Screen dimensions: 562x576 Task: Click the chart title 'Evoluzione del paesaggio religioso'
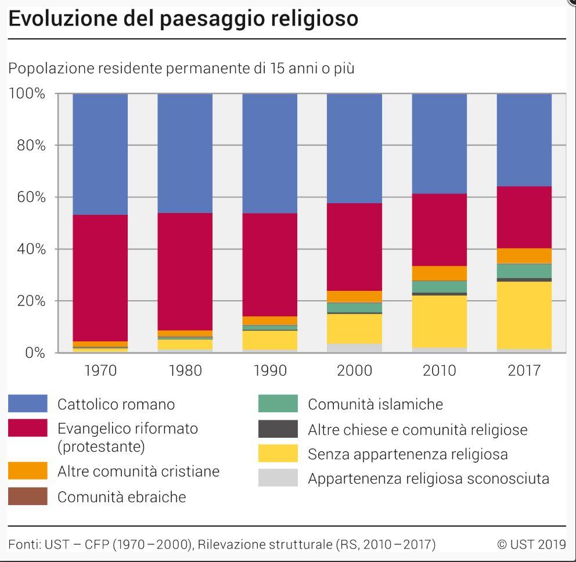[x=183, y=19]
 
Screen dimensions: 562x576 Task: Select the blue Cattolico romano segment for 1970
[x=100, y=154]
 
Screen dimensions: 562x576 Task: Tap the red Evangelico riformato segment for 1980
[x=185, y=271]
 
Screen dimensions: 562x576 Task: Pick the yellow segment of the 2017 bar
[x=524, y=315]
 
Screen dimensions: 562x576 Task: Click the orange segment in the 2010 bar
[x=440, y=273]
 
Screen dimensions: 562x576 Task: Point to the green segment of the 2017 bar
[x=524, y=271]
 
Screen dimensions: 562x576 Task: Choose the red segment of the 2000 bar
[x=355, y=247]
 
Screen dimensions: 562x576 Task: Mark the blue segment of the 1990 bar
[x=270, y=153]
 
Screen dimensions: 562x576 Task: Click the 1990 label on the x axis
[x=270, y=370]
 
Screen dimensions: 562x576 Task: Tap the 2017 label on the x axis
[x=524, y=370]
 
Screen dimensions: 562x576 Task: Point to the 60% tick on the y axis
[x=28, y=197]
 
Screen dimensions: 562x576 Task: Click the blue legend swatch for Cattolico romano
[x=28, y=404]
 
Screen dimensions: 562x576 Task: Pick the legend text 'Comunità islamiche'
[x=375, y=404]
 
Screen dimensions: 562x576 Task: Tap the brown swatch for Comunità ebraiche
[x=28, y=496]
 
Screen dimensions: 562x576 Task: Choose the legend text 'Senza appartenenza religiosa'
[x=408, y=454]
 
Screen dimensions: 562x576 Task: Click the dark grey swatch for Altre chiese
[x=278, y=429]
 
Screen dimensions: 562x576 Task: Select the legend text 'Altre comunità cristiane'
[x=138, y=471]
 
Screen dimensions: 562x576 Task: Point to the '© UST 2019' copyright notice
[x=531, y=544]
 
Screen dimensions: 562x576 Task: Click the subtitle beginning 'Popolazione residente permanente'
[x=181, y=69]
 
